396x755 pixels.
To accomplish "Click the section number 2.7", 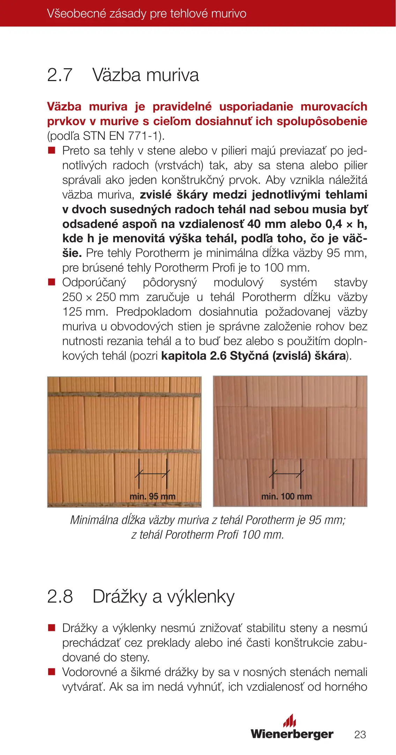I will [60, 75].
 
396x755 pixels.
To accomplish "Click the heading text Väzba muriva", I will [145, 75].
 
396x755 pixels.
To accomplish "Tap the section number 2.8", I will [60, 596].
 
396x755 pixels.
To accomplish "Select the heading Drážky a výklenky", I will [163, 597].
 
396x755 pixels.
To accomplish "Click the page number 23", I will [360, 734].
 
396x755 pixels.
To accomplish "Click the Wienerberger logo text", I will [292, 734].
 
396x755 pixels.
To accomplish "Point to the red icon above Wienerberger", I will [290, 720].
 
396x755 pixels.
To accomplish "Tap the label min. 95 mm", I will [152, 496].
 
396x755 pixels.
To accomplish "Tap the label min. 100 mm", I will [286, 496].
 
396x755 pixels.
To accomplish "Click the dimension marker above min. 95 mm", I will [152, 474].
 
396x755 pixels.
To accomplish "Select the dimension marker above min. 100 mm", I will [286, 474].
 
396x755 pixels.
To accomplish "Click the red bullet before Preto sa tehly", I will [52, 151].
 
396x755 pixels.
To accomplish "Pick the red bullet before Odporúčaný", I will [52, 282].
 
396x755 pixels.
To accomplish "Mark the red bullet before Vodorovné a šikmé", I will [52, 672].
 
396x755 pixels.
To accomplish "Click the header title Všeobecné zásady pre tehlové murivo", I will [147, 14].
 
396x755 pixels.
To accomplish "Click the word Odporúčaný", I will [94, 282].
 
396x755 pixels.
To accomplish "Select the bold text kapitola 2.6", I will [193, 356].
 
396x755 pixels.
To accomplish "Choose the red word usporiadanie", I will [256, 107].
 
